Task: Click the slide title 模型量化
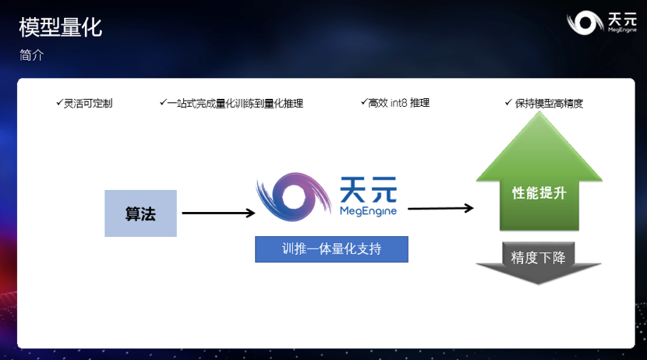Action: (x=60, y=28)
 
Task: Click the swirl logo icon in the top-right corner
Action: (x=584, y=23)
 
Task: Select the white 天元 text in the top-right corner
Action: (x=620, y=18)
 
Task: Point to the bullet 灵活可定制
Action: (x=88, y=103)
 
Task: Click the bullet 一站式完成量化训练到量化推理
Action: (x=235, y=103)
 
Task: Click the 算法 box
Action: (x=140, y=214)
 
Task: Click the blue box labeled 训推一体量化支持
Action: (x=331, y=249)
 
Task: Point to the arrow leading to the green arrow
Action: (x=440, y=208)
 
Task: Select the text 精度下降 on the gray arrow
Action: (x=539, y=257)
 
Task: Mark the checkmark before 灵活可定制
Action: (x=59, y=102)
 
